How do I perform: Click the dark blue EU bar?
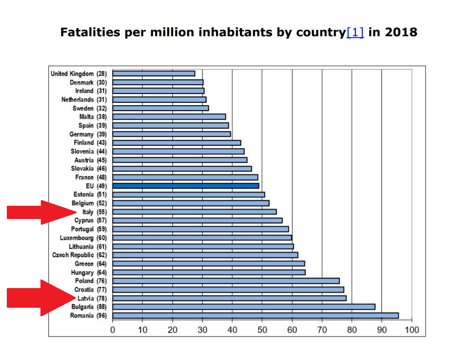pyautogui.click(x=186, y=186)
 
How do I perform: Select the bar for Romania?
pyautogui.click(x=255, y=316)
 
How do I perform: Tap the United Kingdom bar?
pyautogui.click(x=154, y=74)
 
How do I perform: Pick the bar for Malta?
pyautogui.click(x=169, y=117)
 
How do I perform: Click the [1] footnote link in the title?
pyautogui.click(x=355, y=32)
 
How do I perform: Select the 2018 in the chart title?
pyautogui.click(x=401, y=32)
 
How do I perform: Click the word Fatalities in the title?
pyautogui.click(x=90, y=32)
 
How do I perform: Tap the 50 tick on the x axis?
pyautogui.click(x=262, y=330)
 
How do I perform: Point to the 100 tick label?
pyautogui.click(x=411, y=330)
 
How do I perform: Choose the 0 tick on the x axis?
pyautogui.click(x=113, y=330)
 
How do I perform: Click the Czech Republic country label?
pyautogui.click(x=73, y=255)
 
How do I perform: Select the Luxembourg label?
pyautogui.click(x=77, y=238)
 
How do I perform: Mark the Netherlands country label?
pyautogui.click(x=77, y=99)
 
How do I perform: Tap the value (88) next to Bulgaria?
pyautogui.click(x=102, y=307)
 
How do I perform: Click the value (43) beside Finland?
pyautogui.click(x=102, y=143)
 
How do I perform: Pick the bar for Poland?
pyautogui.click(x=226, y=281)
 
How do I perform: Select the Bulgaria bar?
pyautogui.click(x=244, y=307)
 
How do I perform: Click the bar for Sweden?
pyautogui.click(x=161, y=108)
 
